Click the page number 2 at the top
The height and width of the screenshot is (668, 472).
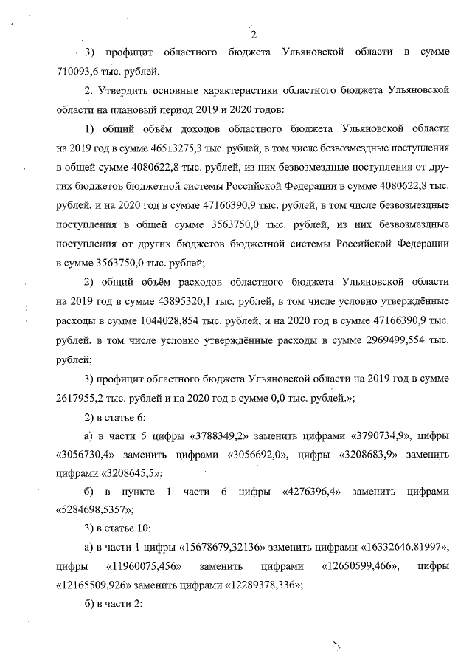click(x=253, y=33)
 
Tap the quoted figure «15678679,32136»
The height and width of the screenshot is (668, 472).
click(x=215, y=551)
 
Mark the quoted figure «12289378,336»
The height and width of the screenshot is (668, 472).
click(x=257, y=588)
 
